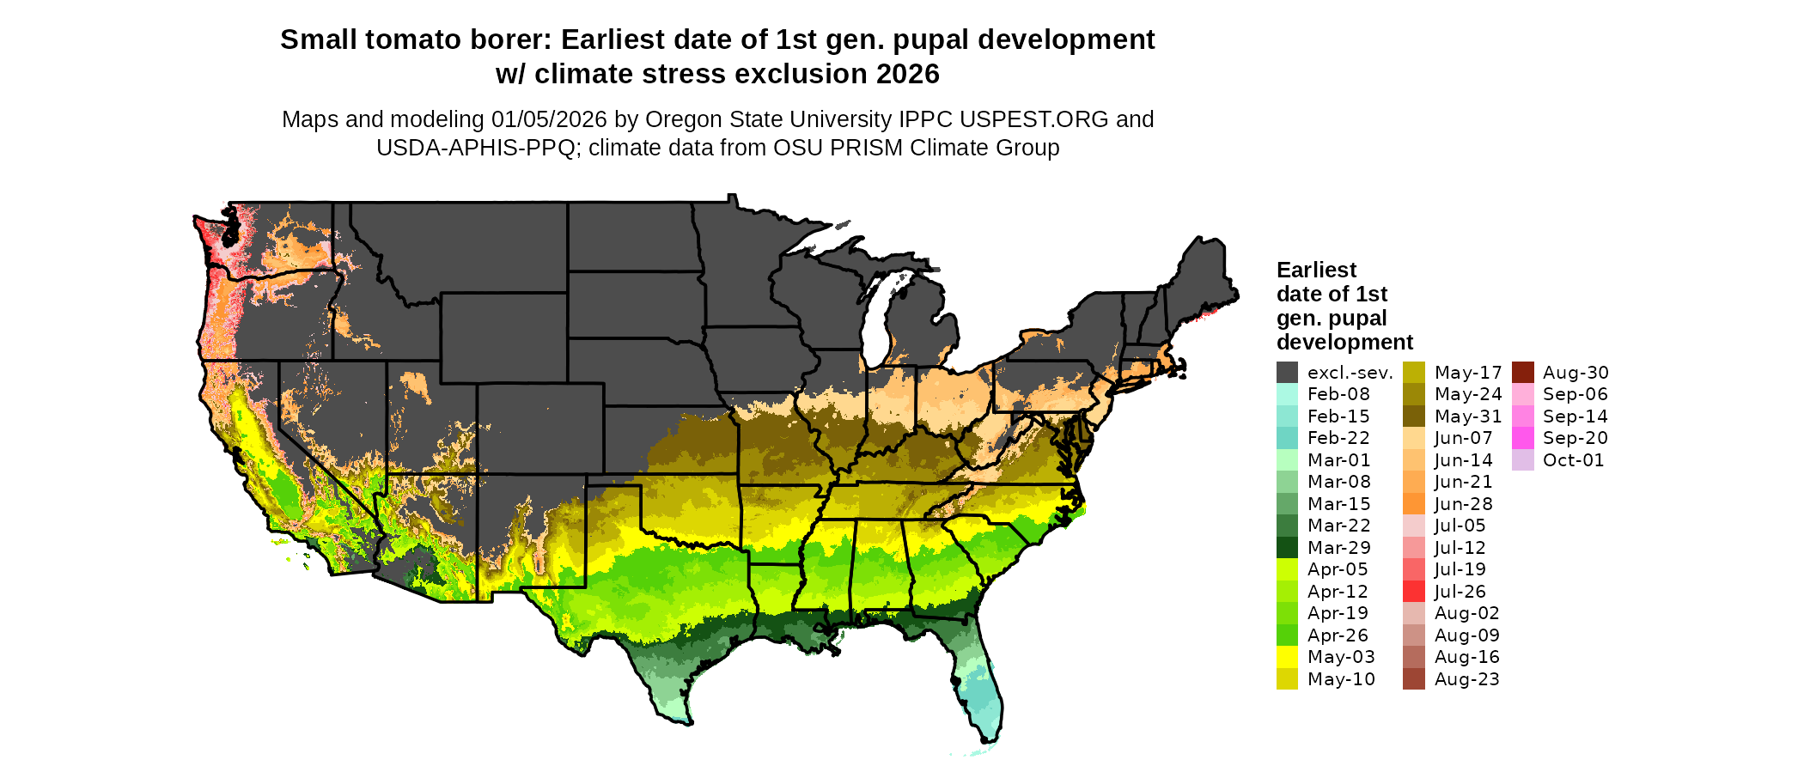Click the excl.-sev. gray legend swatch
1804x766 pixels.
(1287, 373)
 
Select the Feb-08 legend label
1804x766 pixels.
(1338, 394)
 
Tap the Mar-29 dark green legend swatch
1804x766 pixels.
(1287, 548)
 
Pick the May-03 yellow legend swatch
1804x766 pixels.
(1287, 657)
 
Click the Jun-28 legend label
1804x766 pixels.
(1463, 504)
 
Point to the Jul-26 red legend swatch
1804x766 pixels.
(1413, 592)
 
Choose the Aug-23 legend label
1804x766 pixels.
(1466, 679)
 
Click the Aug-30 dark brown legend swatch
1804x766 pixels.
(1522, 373)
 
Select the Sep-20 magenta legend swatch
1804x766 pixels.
(1522, 438)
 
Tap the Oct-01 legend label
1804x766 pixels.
(1573, 460)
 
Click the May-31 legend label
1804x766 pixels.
(1467, 416)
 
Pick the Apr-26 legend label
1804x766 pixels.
(1338, 635)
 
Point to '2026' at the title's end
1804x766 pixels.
(908, 75)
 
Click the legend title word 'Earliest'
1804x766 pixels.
(1316, 271)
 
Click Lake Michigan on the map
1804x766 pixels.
(875, 322)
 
